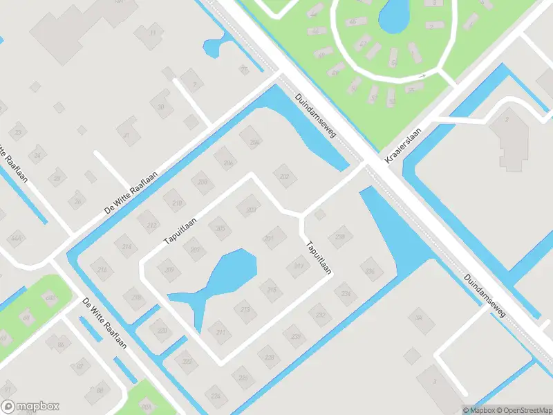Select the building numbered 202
[x=284, y=176]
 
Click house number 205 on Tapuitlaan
[x=221, y=229]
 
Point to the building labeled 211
[x=221, y=333]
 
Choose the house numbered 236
[x=371, y=270]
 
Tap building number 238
[x=339, y=237]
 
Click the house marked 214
[x=126, y=246]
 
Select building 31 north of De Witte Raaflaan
[x=126, y=135]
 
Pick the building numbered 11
[x=152, y=33]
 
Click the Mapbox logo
[x=30, y=407]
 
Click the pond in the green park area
[x=393, y=15]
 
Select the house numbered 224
[x=216, y=396]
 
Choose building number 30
[x=161, y=107]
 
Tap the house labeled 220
[x=162, y=331]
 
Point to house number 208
[x=203, y=183]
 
